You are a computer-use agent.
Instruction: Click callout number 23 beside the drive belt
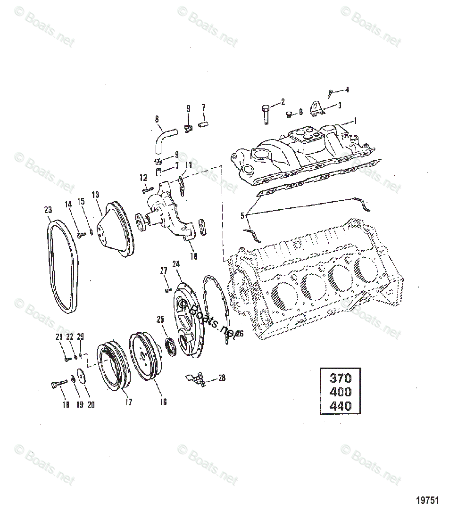[48, 210]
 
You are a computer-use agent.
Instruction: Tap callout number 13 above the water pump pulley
[96, 194]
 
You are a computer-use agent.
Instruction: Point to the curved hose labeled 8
[161, 139]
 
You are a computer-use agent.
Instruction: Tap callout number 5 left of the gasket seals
[243, 216]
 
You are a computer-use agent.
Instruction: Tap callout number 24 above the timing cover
[176, 264]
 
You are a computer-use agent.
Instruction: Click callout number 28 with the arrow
[222, 377]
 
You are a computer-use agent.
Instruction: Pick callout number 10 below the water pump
[193, 256]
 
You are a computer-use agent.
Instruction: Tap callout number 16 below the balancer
[163, 402]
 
